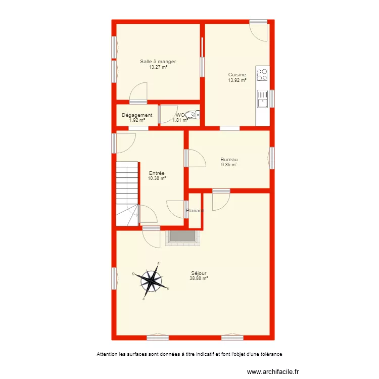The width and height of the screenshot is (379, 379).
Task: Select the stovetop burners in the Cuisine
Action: coord(262,75)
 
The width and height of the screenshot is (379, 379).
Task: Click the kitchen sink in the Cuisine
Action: coord(262,103)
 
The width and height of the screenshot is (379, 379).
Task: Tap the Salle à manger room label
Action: coord(158,62)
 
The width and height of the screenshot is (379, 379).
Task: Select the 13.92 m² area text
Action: coord(237,80)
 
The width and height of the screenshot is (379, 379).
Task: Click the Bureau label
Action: coord(229,159)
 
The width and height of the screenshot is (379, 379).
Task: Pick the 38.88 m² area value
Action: coord(199,278)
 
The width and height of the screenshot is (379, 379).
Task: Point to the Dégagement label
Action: coord(137,115)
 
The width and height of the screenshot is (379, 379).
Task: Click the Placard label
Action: coord(195,211)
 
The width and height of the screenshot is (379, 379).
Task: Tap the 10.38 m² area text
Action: coord(157,178)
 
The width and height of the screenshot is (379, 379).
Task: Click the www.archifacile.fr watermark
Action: coord(276,371)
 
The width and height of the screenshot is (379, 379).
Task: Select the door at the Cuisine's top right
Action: coord(259,32)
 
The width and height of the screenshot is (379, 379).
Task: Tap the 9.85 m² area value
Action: coord(229,164)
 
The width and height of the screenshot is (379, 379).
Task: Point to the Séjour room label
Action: coord(199,273)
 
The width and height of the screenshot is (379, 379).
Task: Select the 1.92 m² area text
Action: coord(137,120)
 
